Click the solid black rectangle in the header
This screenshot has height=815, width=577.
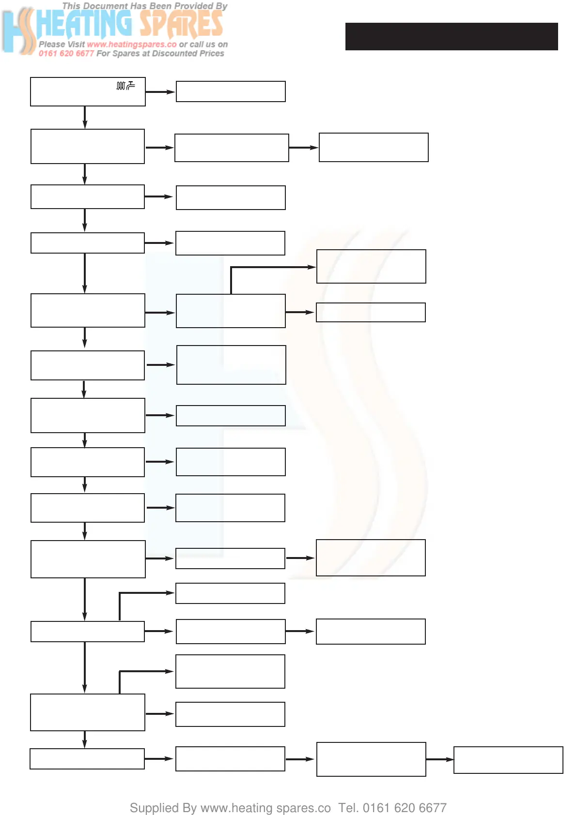tap(451, 36)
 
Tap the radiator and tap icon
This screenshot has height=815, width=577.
tap(125, 86)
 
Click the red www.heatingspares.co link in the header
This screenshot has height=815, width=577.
tap(132, 45)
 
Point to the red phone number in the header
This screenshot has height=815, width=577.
tap(66, 54)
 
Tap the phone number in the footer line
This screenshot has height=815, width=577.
tap(405, 808)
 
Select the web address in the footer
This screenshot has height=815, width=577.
tap(265, 808)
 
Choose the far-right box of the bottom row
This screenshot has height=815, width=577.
tap(508, 760)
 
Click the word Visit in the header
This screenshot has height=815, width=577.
tap(76, 45)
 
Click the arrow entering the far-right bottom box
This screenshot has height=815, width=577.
tap(440, 759)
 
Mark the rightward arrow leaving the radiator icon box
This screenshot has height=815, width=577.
tap(160, 91)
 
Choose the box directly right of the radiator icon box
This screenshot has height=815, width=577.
tap(231, 91)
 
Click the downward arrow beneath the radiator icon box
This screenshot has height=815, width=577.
tap(85, 118)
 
